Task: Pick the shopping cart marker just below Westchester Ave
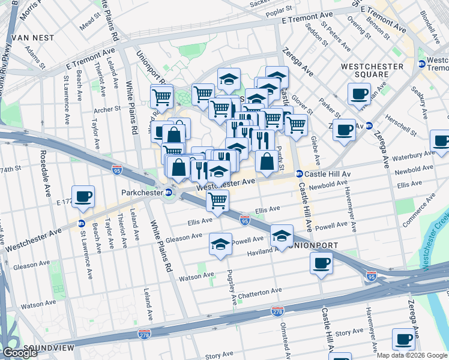point(217,200)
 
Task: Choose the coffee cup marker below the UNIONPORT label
point(322,263)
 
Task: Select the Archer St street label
point(107,109)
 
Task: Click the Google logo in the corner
point(20,353)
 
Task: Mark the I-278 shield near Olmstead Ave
point(278,312)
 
